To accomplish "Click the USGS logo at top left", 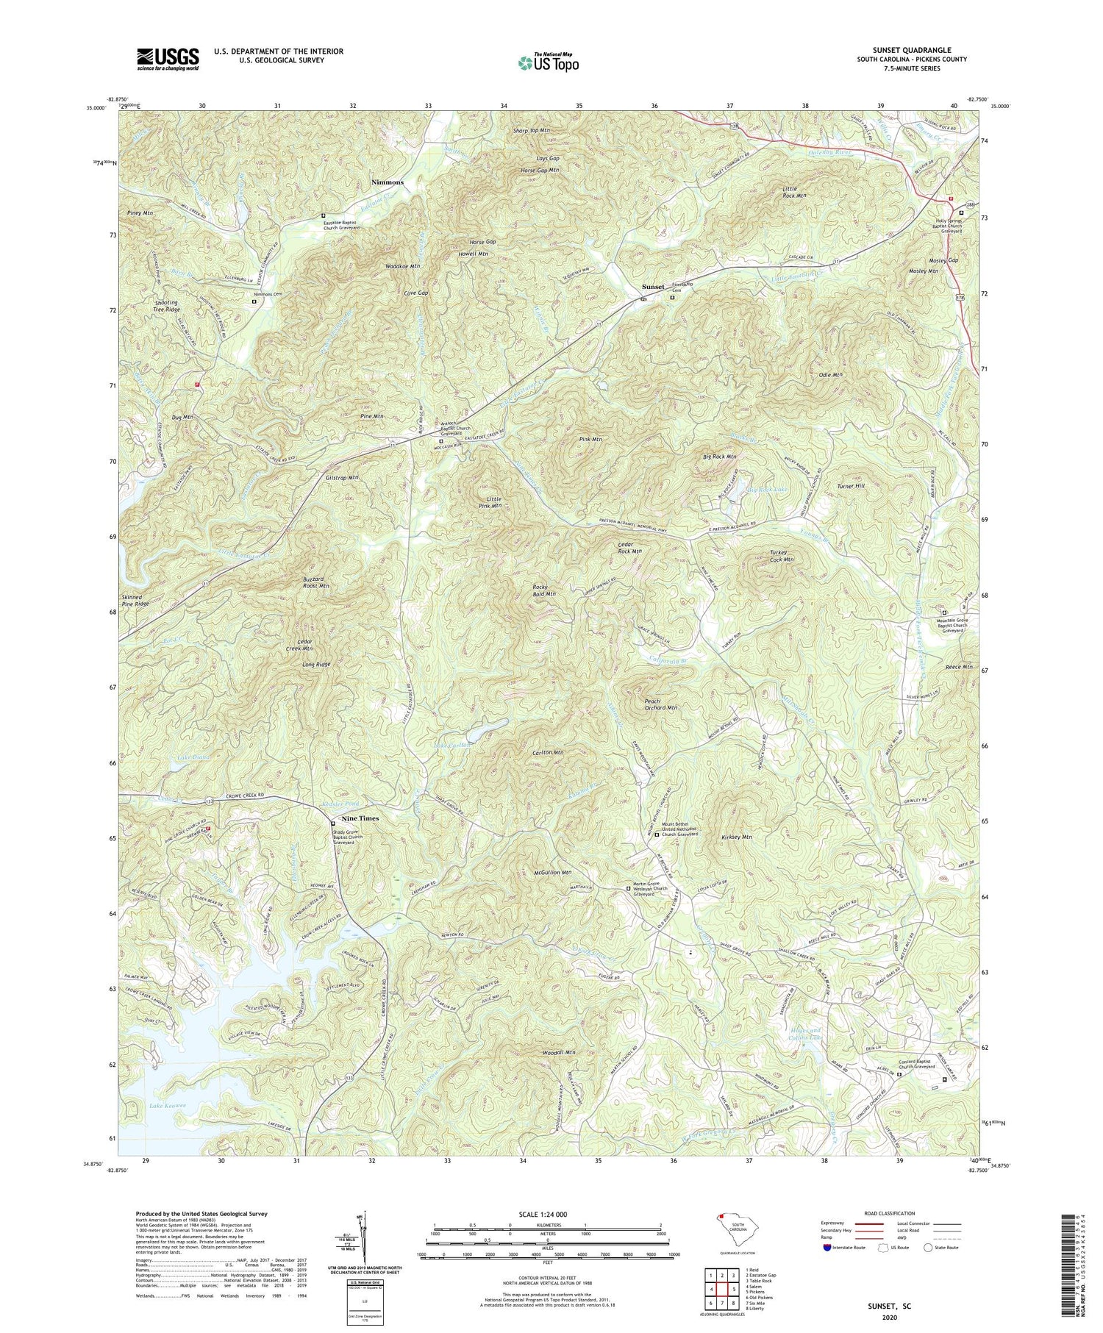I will coord(168,59).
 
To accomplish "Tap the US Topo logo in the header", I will coord(548,63).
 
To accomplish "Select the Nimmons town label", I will coord(387,182).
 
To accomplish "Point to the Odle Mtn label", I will coord(830,375).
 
